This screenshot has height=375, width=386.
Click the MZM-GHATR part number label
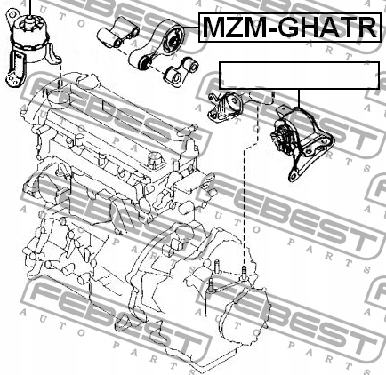pyautogui.click(x=290, y=28)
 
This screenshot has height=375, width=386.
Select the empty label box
pyautogui.click(x=299, y=76)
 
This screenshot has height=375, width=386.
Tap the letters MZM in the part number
pyautogui.click(x=233, y=28)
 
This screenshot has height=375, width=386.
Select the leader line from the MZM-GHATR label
pyautogui.click(x=191, y=28)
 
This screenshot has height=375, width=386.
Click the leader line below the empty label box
pyautogui.click(x=299, y=98)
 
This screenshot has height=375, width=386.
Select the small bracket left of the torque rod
pyautogui.click(x=117, y=33)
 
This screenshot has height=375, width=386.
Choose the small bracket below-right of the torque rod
pyautogui.click(x=181, y=72)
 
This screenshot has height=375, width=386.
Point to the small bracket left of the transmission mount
pyautogui.click(x=225, y=108)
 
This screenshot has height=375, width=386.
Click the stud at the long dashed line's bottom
pyautogui.click(x=244, y=273)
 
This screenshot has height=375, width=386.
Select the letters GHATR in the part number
pyautogui.click(x=327, y=28)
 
